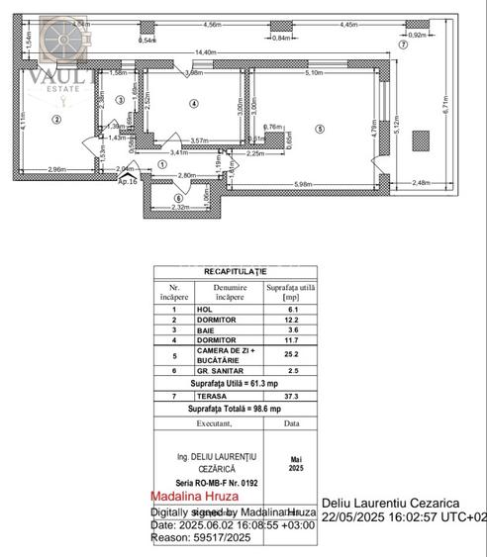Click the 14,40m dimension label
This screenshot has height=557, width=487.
point(206,52)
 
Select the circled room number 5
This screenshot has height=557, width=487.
point(320,128)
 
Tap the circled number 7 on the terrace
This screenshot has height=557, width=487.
point(402,46)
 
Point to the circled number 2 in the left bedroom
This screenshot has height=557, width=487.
point(57,121)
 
